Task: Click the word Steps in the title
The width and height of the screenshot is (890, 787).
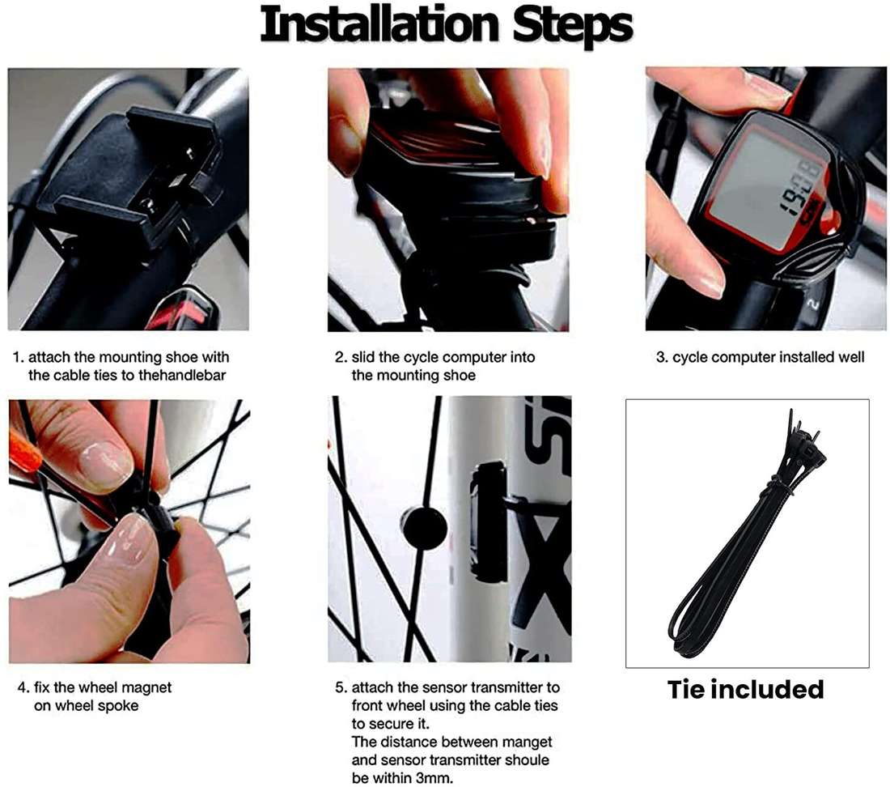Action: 573,28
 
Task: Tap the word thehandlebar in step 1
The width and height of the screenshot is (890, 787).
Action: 182,376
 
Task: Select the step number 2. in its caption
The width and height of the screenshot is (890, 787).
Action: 341,357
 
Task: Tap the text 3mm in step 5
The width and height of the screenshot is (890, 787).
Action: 434,778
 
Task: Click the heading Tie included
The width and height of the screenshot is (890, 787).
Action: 745,689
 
